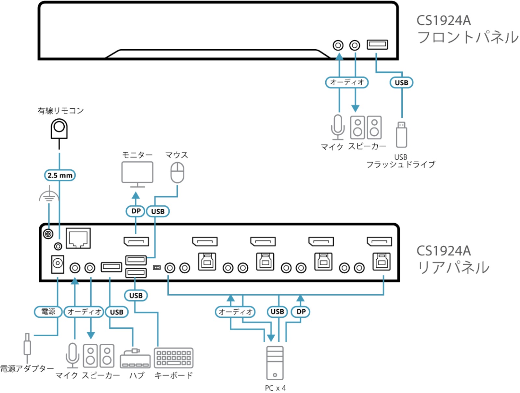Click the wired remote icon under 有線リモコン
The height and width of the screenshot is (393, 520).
(59, 129)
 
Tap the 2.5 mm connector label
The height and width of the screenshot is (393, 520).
(60, 176)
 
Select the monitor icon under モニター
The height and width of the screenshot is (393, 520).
(137, 173)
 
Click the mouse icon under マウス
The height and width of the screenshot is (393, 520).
(177, 173)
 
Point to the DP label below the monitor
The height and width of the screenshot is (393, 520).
(136, 211)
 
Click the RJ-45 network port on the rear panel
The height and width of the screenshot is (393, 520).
(78, 239)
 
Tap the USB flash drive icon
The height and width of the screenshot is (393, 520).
(402, 135)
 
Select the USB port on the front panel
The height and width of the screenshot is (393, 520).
(377, 44)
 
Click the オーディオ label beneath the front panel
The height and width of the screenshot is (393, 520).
(347, 82)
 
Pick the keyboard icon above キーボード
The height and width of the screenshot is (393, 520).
(174, 358)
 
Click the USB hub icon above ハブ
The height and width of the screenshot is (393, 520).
(135, 360)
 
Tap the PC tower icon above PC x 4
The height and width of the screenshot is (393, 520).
(275, 363)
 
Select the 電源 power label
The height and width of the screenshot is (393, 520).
(48, 312)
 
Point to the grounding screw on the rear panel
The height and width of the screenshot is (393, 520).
(48, 234)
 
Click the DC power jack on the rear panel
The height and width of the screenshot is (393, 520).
(58, 264)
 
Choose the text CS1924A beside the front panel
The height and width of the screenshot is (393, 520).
(443, 21)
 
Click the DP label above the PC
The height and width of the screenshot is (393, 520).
(301, 312)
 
